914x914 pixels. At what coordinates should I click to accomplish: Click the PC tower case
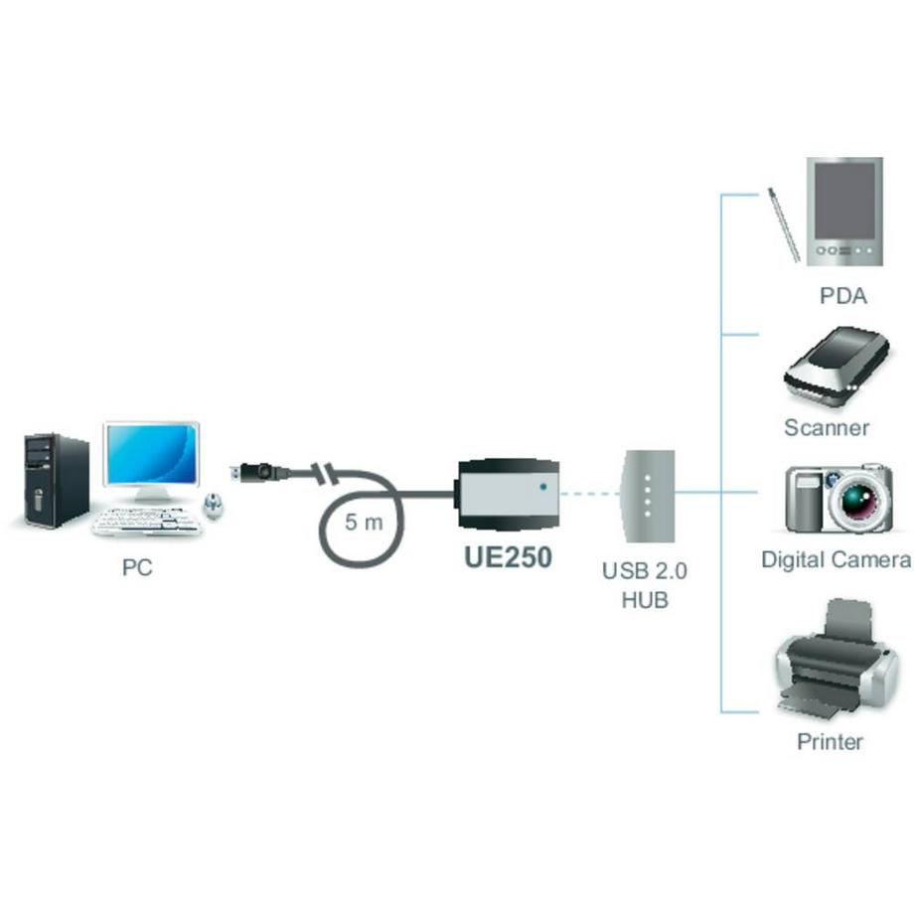56,480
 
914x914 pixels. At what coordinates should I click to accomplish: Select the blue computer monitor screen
152,454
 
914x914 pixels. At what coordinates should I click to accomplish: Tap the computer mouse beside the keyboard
214,506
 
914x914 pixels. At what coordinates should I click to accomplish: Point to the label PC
137,568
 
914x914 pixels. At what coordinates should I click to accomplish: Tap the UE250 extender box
508,493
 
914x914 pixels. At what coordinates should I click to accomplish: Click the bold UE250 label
508,556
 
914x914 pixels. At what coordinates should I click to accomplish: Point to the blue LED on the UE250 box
541,487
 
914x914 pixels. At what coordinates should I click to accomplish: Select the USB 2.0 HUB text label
645,585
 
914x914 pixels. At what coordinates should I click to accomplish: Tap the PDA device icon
843,213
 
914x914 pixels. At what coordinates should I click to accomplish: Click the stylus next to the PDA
783,226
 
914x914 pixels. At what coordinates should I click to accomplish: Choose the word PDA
842,296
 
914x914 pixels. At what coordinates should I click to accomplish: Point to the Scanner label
827,428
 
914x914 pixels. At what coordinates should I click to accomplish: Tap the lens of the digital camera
854,500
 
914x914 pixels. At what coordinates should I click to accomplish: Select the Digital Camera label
836,559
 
